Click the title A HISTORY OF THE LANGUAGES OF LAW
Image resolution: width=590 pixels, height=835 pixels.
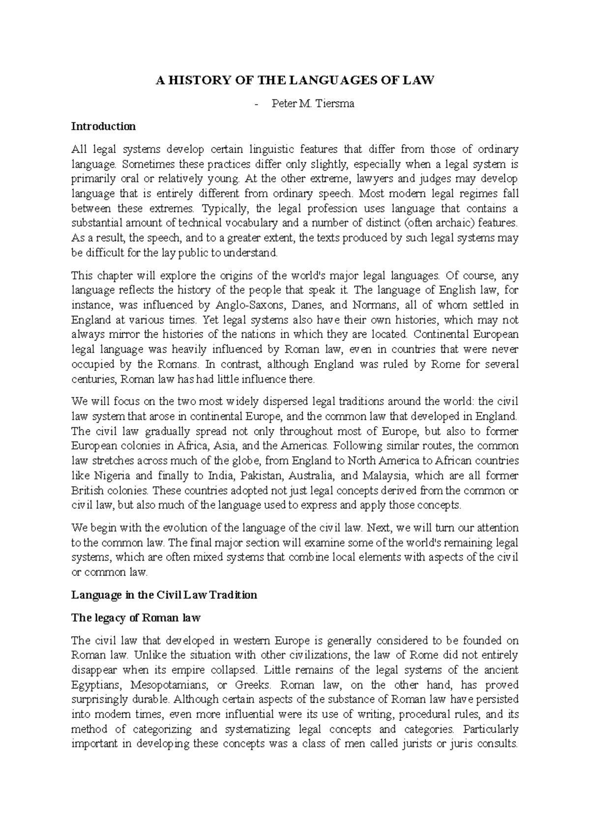[x=295, y=81]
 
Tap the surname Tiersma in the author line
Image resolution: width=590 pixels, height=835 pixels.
[x=336, y=104]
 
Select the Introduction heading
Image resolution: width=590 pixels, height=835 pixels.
[x=103, y=126]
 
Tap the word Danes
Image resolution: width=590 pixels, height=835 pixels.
[x=307, y=305]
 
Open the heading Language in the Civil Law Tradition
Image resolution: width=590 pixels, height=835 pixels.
[x=164, y=595]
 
